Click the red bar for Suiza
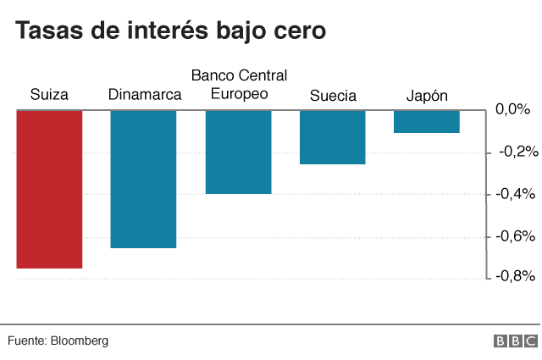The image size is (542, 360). pos(49,189)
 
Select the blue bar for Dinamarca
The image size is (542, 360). pos(143,179)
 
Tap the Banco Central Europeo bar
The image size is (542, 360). pos(238,152)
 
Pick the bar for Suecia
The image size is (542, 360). pos(333,136)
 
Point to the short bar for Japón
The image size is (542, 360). pos(427,121)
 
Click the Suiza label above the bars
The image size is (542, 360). pos(49,95)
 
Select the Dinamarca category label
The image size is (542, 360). pos(145,95)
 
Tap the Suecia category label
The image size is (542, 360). pos(333,95)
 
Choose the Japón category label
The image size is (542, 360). pos(427,95)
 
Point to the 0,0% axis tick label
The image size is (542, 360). pos(512,110)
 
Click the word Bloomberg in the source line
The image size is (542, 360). pos(80,341)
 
